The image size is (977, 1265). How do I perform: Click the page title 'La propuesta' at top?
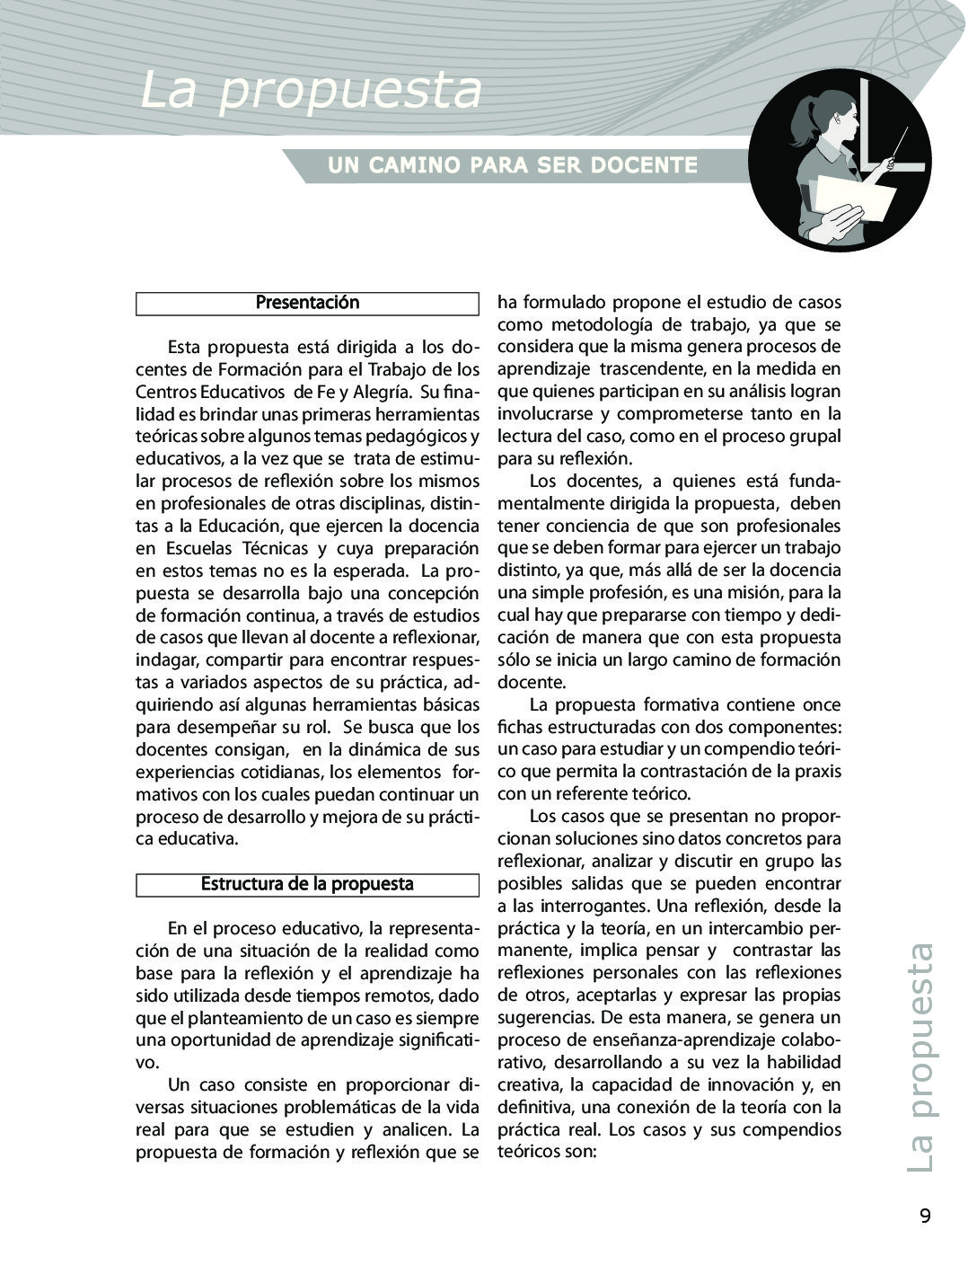pyautogui.click(x=311, y=91)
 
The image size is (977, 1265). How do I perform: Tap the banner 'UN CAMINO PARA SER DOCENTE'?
pyautogui.click(x=513, y=165)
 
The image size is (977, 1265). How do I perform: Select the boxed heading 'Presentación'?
pyautogui.click(x=307, y=304)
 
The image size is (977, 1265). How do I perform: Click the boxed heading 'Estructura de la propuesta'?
pyautogui.click(x=307, y=884)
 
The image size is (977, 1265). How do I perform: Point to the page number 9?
pyautogui.click(x=925, y=1216)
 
